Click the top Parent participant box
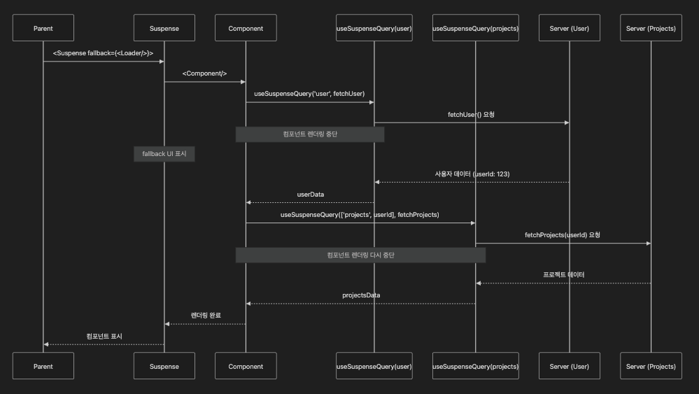click(43, 28)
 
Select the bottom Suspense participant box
click(164, 366)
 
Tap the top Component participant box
click(246, 28)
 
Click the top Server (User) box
click(570, 28)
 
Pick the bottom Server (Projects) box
click(651, 366)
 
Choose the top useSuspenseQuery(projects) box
click(476, 28)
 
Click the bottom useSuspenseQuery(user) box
click(374, 366)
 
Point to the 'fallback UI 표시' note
click(164, 154)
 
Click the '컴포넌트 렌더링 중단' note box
click(309, 134)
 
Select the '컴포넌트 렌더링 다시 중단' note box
click(360, 255)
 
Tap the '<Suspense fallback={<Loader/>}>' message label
click(103, 52)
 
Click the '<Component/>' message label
click(204, 73)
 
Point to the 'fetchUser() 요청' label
click(471, 113)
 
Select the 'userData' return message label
click(310, 194)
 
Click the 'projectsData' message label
click(361, 295)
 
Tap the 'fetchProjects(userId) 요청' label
click(563, 234)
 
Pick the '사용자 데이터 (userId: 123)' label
click(472, 174)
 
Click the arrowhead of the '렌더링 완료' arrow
click(167, 324)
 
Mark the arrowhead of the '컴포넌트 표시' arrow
click(46, 344)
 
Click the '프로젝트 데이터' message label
click(563, 274)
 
